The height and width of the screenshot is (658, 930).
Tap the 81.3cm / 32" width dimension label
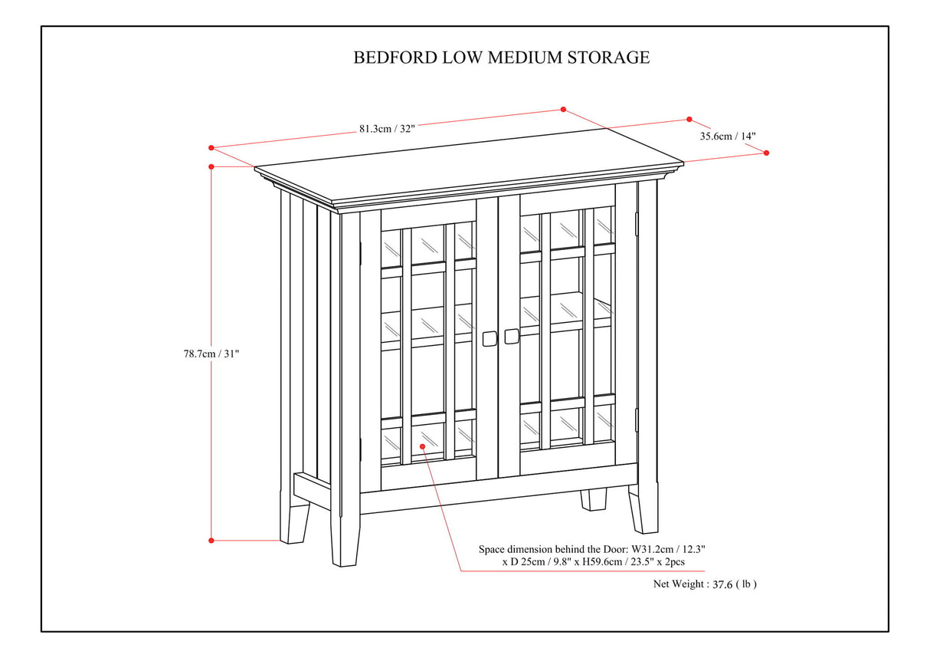tap(387, 129)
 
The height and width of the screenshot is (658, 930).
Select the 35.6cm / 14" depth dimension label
tap(728, 137)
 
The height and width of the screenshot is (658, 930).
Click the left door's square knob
tap(489, 337)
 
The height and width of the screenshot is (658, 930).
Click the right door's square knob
tap(511, 337)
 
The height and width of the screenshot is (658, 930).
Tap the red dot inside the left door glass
tap(422, 445)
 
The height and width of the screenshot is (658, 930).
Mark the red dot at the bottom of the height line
tap(211, 541)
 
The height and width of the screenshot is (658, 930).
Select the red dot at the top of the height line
tap(211, 166)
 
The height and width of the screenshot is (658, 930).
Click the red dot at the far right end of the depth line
tap(766, 153)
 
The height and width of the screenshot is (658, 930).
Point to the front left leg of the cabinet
tap(345, 537)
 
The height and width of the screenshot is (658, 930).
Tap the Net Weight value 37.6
tap(722, 584)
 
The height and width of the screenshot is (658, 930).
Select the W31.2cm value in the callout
tap(650, 550)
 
